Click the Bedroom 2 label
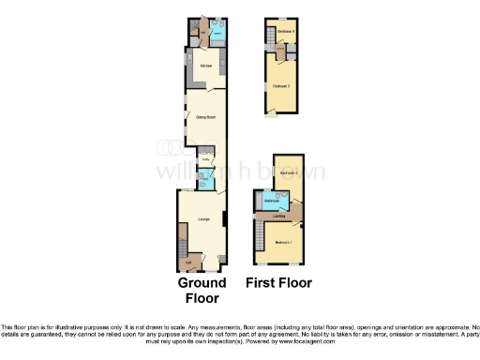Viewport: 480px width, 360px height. [280, 86]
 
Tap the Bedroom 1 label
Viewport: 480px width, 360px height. [285, 243]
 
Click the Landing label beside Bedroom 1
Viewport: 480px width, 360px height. [278, 217]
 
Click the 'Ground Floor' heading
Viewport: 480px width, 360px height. [202, 290]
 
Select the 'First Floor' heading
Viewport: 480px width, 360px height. [278, 282]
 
